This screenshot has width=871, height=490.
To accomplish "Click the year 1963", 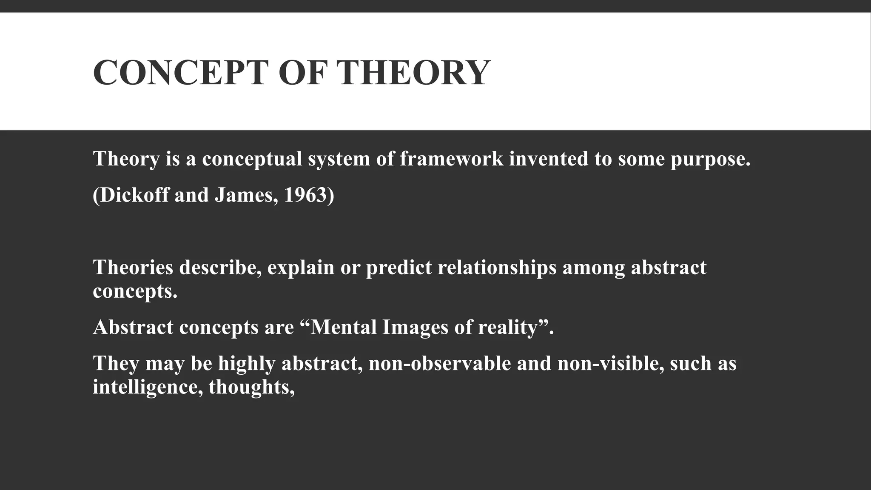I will [x=308, y=195].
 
